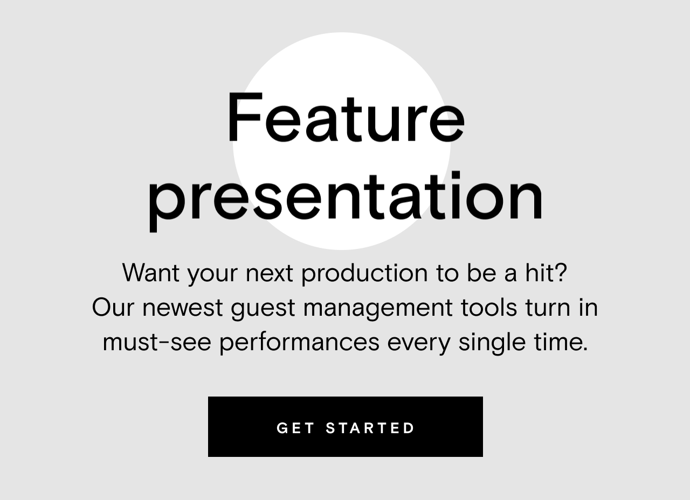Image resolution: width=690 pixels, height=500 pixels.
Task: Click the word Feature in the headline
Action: click(x=345, y=119)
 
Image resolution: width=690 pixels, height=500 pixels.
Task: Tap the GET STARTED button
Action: click(x=345, y=427)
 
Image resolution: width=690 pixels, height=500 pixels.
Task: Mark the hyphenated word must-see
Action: click(x=157, y=342)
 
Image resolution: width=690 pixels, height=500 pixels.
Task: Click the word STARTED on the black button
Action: click(x=371, y=428)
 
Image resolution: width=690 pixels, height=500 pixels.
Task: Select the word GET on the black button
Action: click(x=296, y=428)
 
